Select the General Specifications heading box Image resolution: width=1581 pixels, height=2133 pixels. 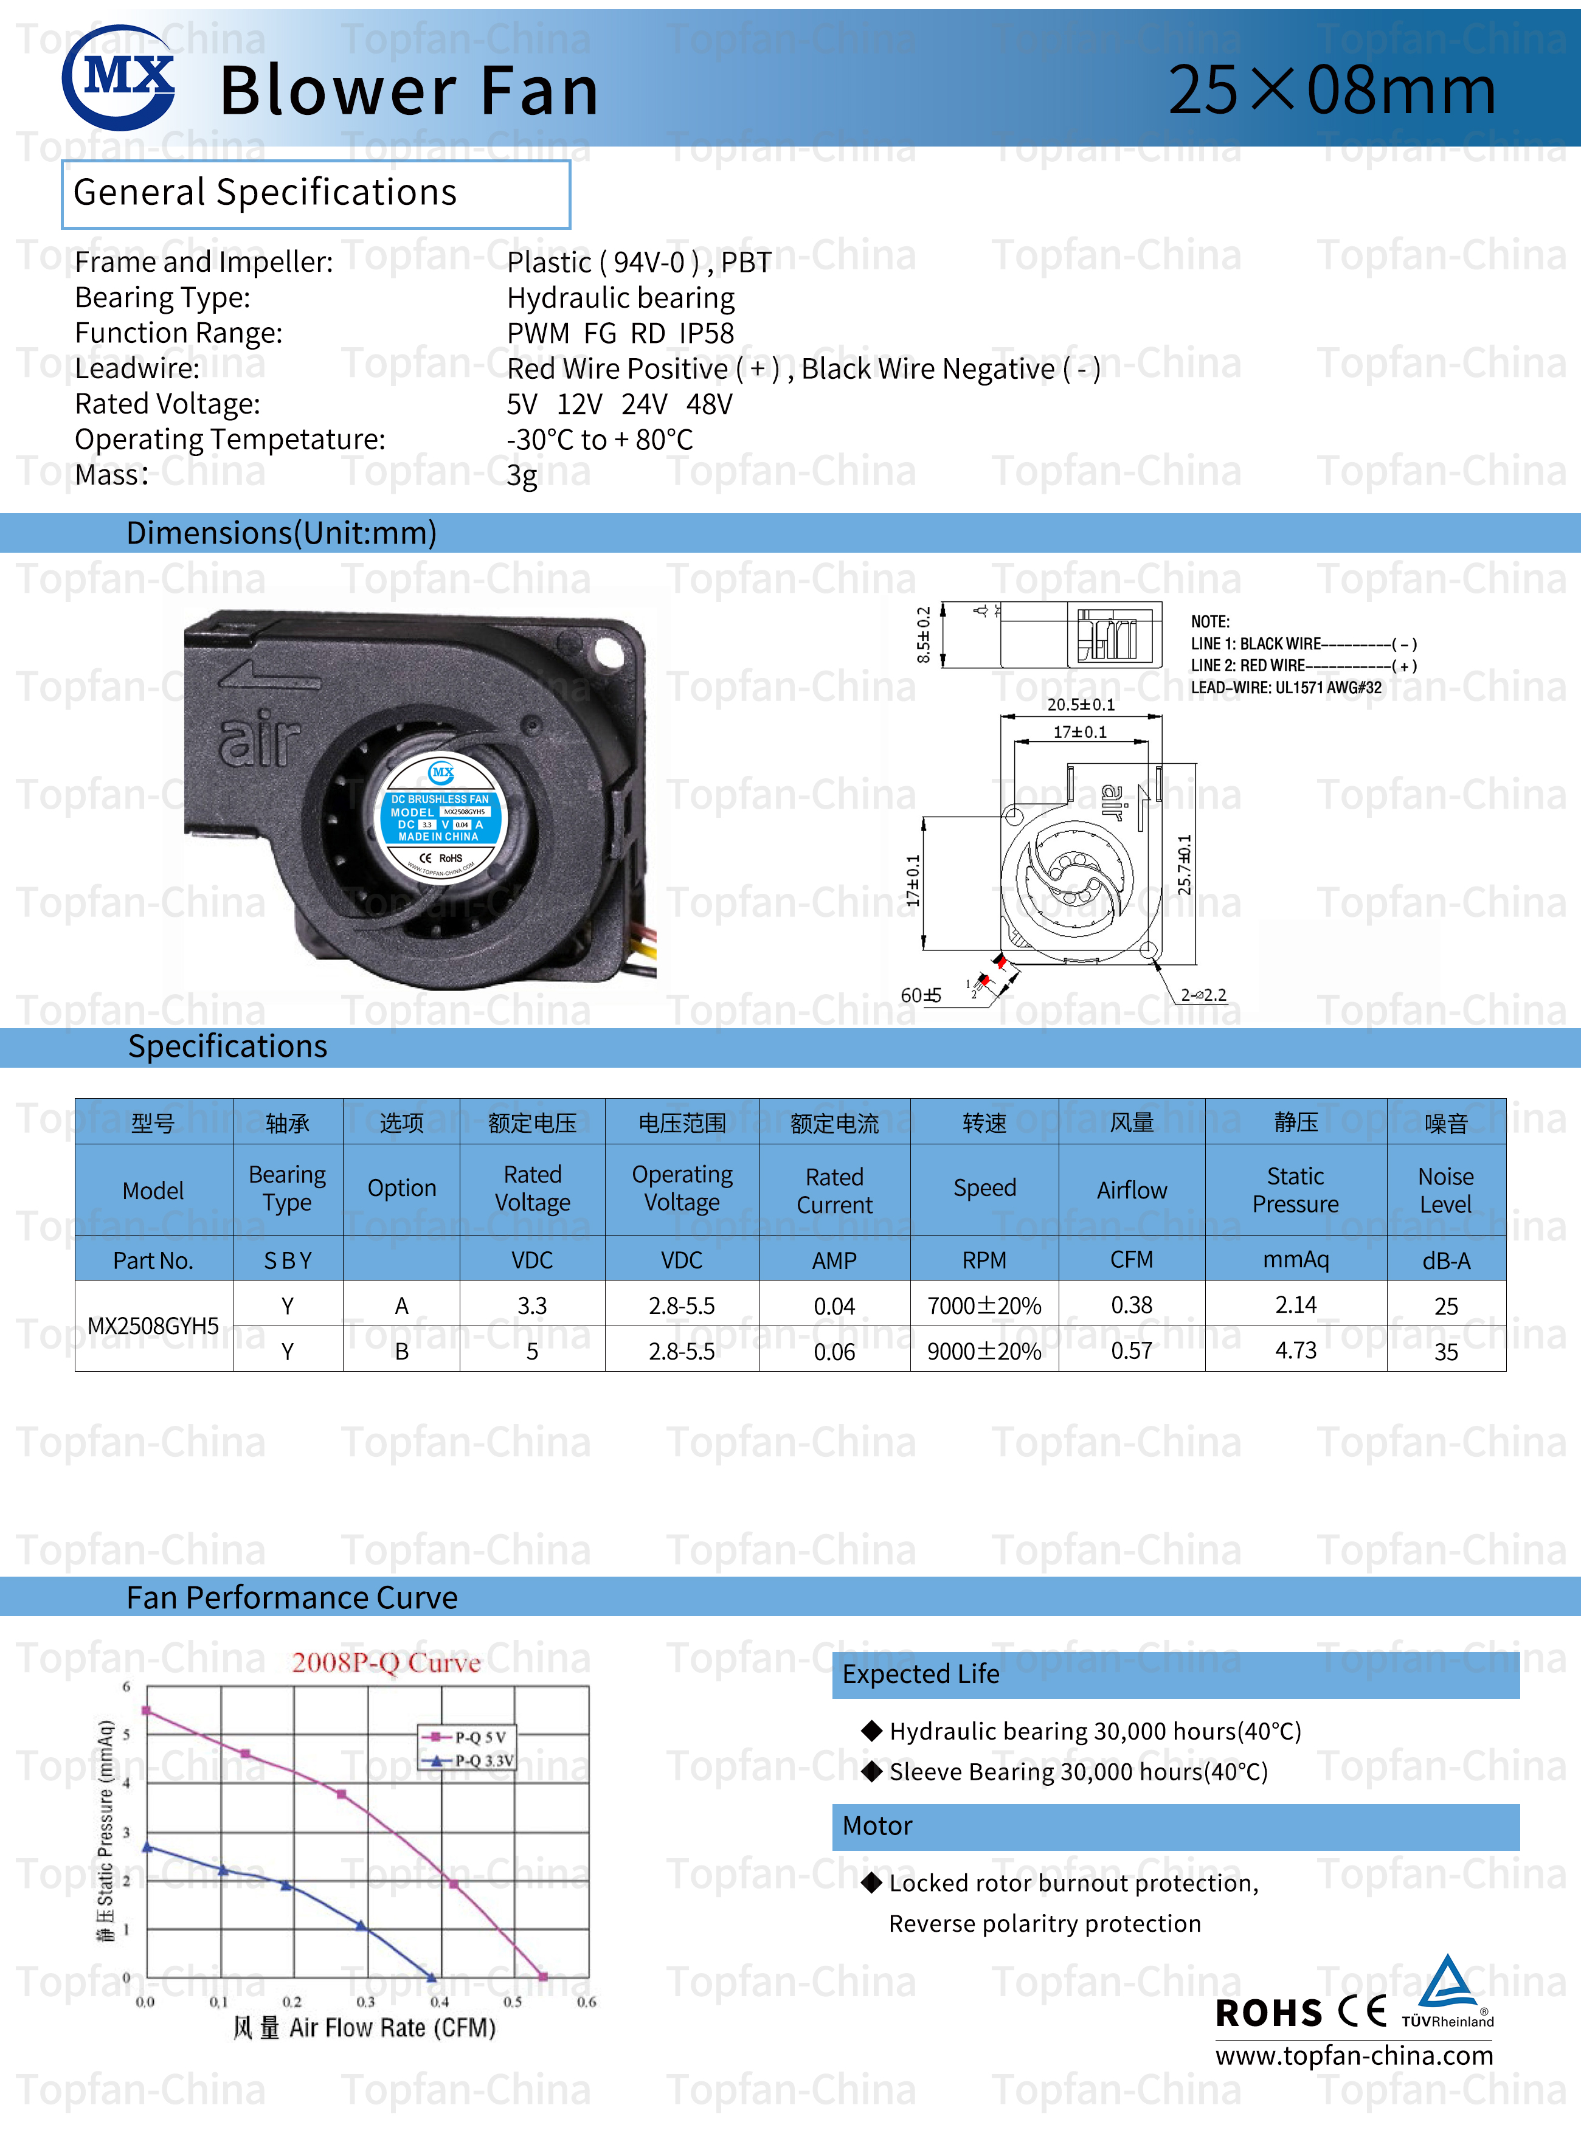315,194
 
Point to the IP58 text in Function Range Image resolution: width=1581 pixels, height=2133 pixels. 707,333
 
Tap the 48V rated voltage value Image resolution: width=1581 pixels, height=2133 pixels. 708,404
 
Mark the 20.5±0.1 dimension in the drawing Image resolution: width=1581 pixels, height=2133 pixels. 1081,704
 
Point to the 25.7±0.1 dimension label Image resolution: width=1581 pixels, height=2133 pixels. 1185,864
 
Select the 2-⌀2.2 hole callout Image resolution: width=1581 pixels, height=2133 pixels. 1203,994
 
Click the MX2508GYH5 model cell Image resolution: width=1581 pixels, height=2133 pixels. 153,1326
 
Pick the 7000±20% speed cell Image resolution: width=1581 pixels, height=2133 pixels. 984,1305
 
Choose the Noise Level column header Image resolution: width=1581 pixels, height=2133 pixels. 1445,1189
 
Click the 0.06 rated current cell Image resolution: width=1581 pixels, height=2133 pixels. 834,1351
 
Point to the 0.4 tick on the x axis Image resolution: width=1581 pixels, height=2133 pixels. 439,2001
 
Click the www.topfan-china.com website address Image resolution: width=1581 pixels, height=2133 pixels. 1353,2055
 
